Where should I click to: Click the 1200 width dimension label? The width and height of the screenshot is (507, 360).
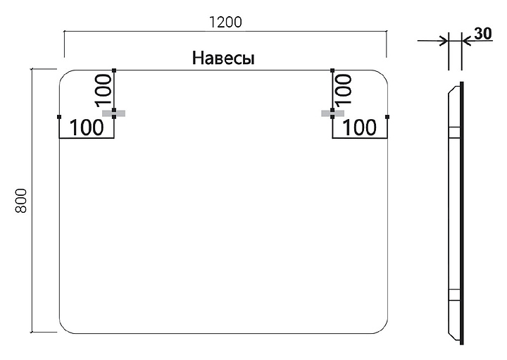[225, 22]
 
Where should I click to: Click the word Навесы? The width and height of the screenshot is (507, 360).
[223, 58]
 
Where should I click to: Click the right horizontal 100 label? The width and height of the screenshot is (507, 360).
[361, 128]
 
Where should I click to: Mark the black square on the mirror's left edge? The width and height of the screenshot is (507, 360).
[60, 117]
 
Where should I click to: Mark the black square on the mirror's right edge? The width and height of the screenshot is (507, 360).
[387, 117]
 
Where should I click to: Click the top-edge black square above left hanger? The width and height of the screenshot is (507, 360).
[115, 70]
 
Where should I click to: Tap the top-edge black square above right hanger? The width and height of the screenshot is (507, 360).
[332, 70]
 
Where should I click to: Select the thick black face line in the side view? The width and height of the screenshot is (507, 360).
[462, 211]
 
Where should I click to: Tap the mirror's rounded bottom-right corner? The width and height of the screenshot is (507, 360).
[381, 326]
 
